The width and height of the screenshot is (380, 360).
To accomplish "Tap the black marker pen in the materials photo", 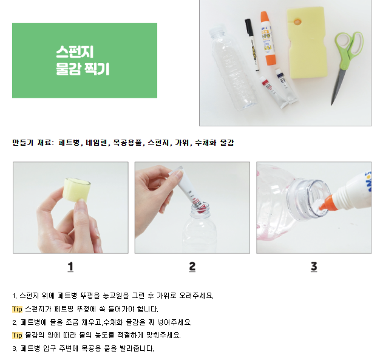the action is pos(252,45).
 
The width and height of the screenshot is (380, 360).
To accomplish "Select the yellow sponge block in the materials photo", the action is pos(307,42).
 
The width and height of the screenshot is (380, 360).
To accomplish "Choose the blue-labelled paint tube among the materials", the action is pos(287,86).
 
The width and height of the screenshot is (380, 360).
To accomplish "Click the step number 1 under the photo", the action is pos(70,267).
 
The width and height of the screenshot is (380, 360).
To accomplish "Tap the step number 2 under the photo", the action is pos(192,267).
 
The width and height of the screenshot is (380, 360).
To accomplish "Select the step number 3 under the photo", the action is pos(314,267).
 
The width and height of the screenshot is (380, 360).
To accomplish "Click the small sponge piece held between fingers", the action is pos(76,190).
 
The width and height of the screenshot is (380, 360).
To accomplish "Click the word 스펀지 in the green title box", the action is pos(75,52).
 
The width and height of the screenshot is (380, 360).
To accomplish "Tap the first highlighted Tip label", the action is pos(17,309).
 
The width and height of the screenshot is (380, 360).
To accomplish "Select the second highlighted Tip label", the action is pos(17,335).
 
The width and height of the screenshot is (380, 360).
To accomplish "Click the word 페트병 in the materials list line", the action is pos(69,143).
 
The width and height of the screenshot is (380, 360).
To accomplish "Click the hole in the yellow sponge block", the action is pos(297,22).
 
